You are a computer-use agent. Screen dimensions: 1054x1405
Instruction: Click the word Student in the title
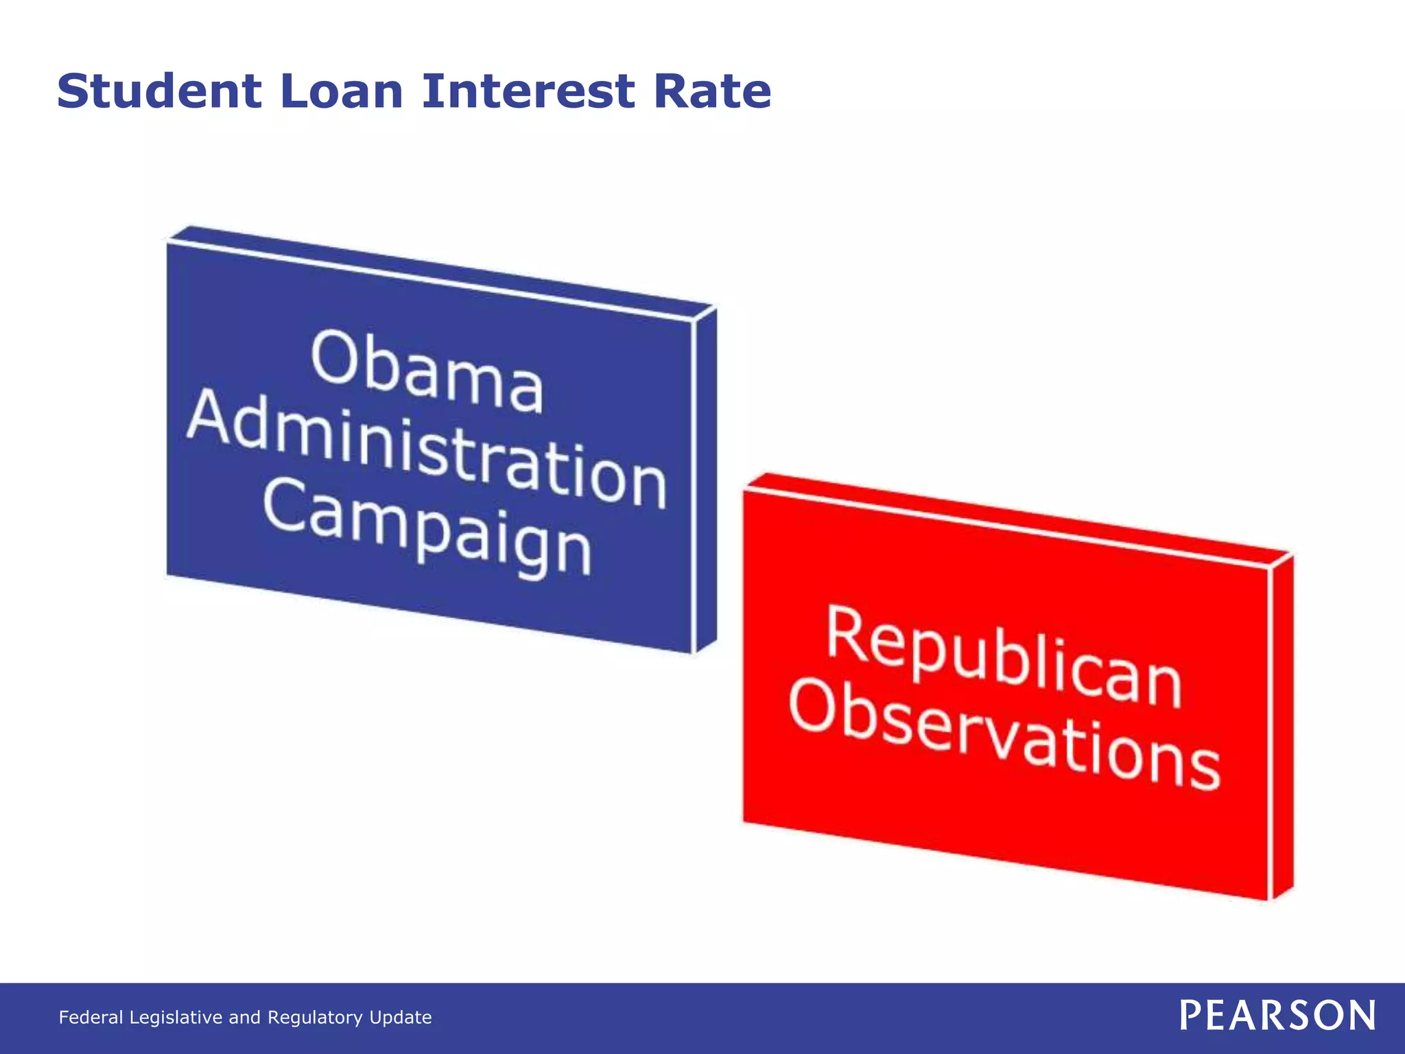pos(159,91)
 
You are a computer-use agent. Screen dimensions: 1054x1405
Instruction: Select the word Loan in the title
pos(342,91)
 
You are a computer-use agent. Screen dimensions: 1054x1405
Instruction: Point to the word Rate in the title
pos(712,91)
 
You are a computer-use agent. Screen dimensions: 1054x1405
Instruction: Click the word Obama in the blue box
pos(427,371)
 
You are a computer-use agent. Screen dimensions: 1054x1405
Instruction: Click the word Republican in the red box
pos(1004,657)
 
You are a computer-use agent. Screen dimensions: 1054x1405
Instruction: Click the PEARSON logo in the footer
pos(1277,1016)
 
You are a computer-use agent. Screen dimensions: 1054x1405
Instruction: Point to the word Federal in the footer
pos(91,1017)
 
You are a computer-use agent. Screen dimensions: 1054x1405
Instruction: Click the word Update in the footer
pos(401,1017)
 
